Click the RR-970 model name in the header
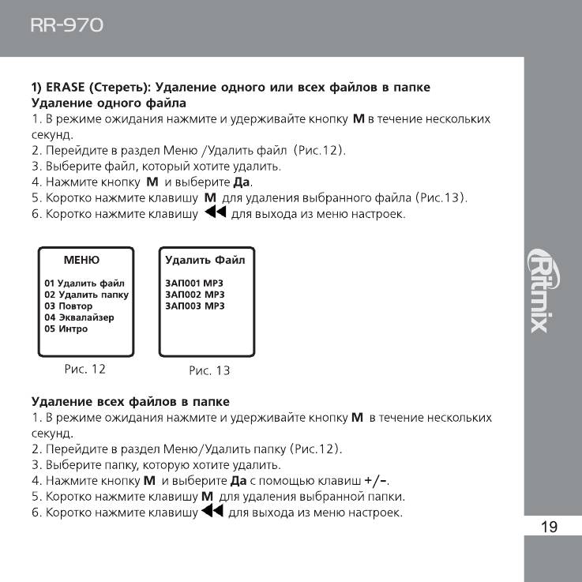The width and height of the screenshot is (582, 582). pos(66,25)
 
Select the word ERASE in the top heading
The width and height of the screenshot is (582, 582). pos(68,87)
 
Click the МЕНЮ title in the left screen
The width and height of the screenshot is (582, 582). pos(81,260)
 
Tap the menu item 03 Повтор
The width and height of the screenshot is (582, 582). pos(69,306)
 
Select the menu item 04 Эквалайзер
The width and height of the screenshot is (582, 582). pos(79,317)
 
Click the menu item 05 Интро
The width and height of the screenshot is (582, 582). pos(66,329)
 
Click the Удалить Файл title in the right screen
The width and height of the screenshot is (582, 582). pos(205,260)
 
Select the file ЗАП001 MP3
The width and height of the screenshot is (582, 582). pos(194,283)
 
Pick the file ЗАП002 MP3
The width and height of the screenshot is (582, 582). pos(194,294)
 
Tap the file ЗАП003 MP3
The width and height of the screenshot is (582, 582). pos(194,306)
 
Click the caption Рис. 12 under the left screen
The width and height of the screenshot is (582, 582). pos(84,368)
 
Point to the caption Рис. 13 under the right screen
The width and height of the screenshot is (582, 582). pos(209,370)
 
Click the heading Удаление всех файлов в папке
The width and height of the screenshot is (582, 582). pos(130,401)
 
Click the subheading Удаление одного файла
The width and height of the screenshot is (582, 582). pos(108,103)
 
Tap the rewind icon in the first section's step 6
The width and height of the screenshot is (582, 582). pos(215,213)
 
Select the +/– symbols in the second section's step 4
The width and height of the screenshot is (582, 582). pos(377,480)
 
